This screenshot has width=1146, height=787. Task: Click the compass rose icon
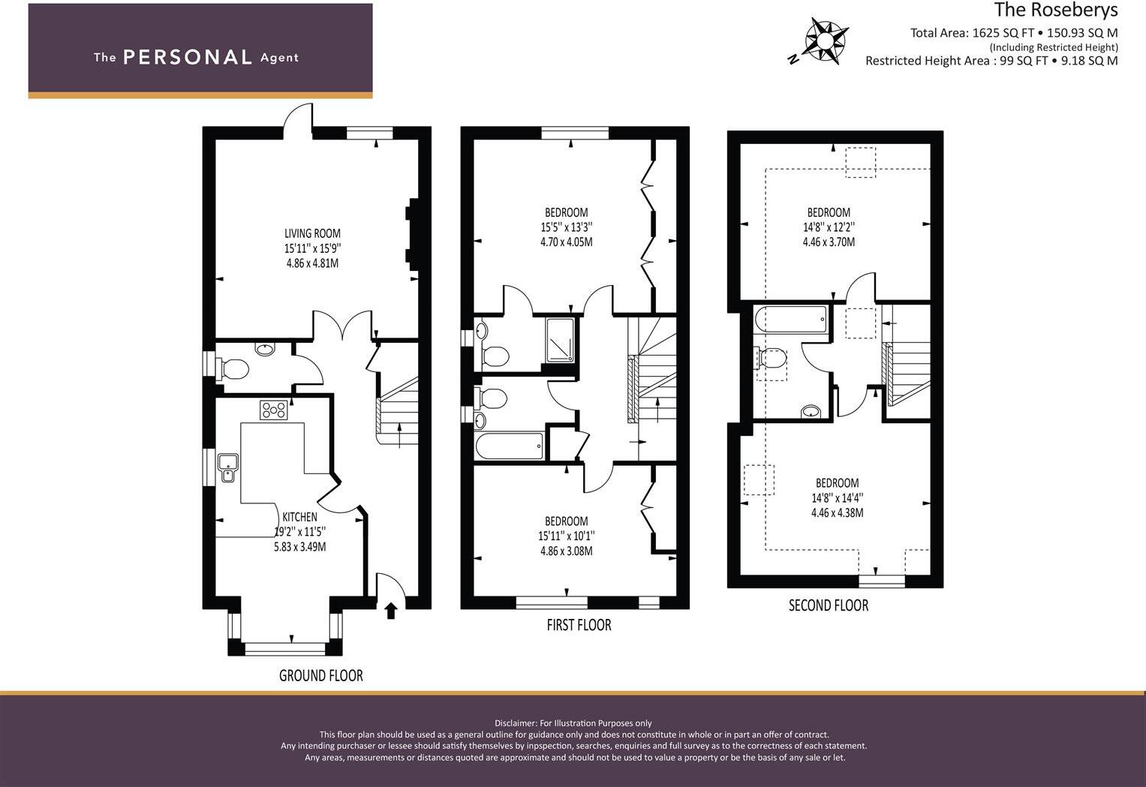[826, 39]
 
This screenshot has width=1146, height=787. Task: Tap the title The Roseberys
[1055, 11]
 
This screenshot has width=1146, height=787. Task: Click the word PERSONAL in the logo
[187, 57]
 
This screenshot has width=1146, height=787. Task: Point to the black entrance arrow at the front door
[390, 611]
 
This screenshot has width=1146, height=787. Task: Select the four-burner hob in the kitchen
[274, 410]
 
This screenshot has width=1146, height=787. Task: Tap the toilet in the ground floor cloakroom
[234, 368]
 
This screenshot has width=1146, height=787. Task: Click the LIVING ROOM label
[312, 233]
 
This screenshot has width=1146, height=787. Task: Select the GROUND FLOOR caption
[320, 675]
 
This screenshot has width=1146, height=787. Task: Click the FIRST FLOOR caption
[579, 625]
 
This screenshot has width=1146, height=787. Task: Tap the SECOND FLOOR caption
[828, 605]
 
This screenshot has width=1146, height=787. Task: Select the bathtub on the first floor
[509, 446]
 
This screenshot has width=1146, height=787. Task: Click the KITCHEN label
[299, 517]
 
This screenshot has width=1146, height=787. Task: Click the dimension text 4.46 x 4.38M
[837, 513]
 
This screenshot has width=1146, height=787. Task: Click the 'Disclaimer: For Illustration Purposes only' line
[573, 723]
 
